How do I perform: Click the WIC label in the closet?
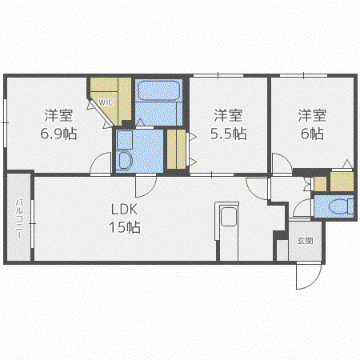tap(106, 102)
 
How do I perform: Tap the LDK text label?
tap(124, 210)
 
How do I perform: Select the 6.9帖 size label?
tap(58, 134)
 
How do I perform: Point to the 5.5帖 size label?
tap(228, 134)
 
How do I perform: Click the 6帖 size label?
tap(312, 134)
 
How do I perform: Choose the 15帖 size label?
tap(125, 227)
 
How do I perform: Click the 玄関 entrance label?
tap(305, 241)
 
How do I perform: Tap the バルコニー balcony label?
tap(19, 218)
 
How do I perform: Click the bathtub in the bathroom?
tap(158, 90)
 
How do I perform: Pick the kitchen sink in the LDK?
tap(229, 216)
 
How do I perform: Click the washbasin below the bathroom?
tap(125, 161)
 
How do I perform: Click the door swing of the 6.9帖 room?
tap(101, 163)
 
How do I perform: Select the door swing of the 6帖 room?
tap(282, 163)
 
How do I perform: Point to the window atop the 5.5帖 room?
tap(218, 76)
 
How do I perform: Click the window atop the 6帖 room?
tap(303, 76)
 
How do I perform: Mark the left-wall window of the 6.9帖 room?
tap(5, 123)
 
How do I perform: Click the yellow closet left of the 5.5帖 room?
tap(176, 149)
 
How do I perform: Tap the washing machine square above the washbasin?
tap(125, 140)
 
